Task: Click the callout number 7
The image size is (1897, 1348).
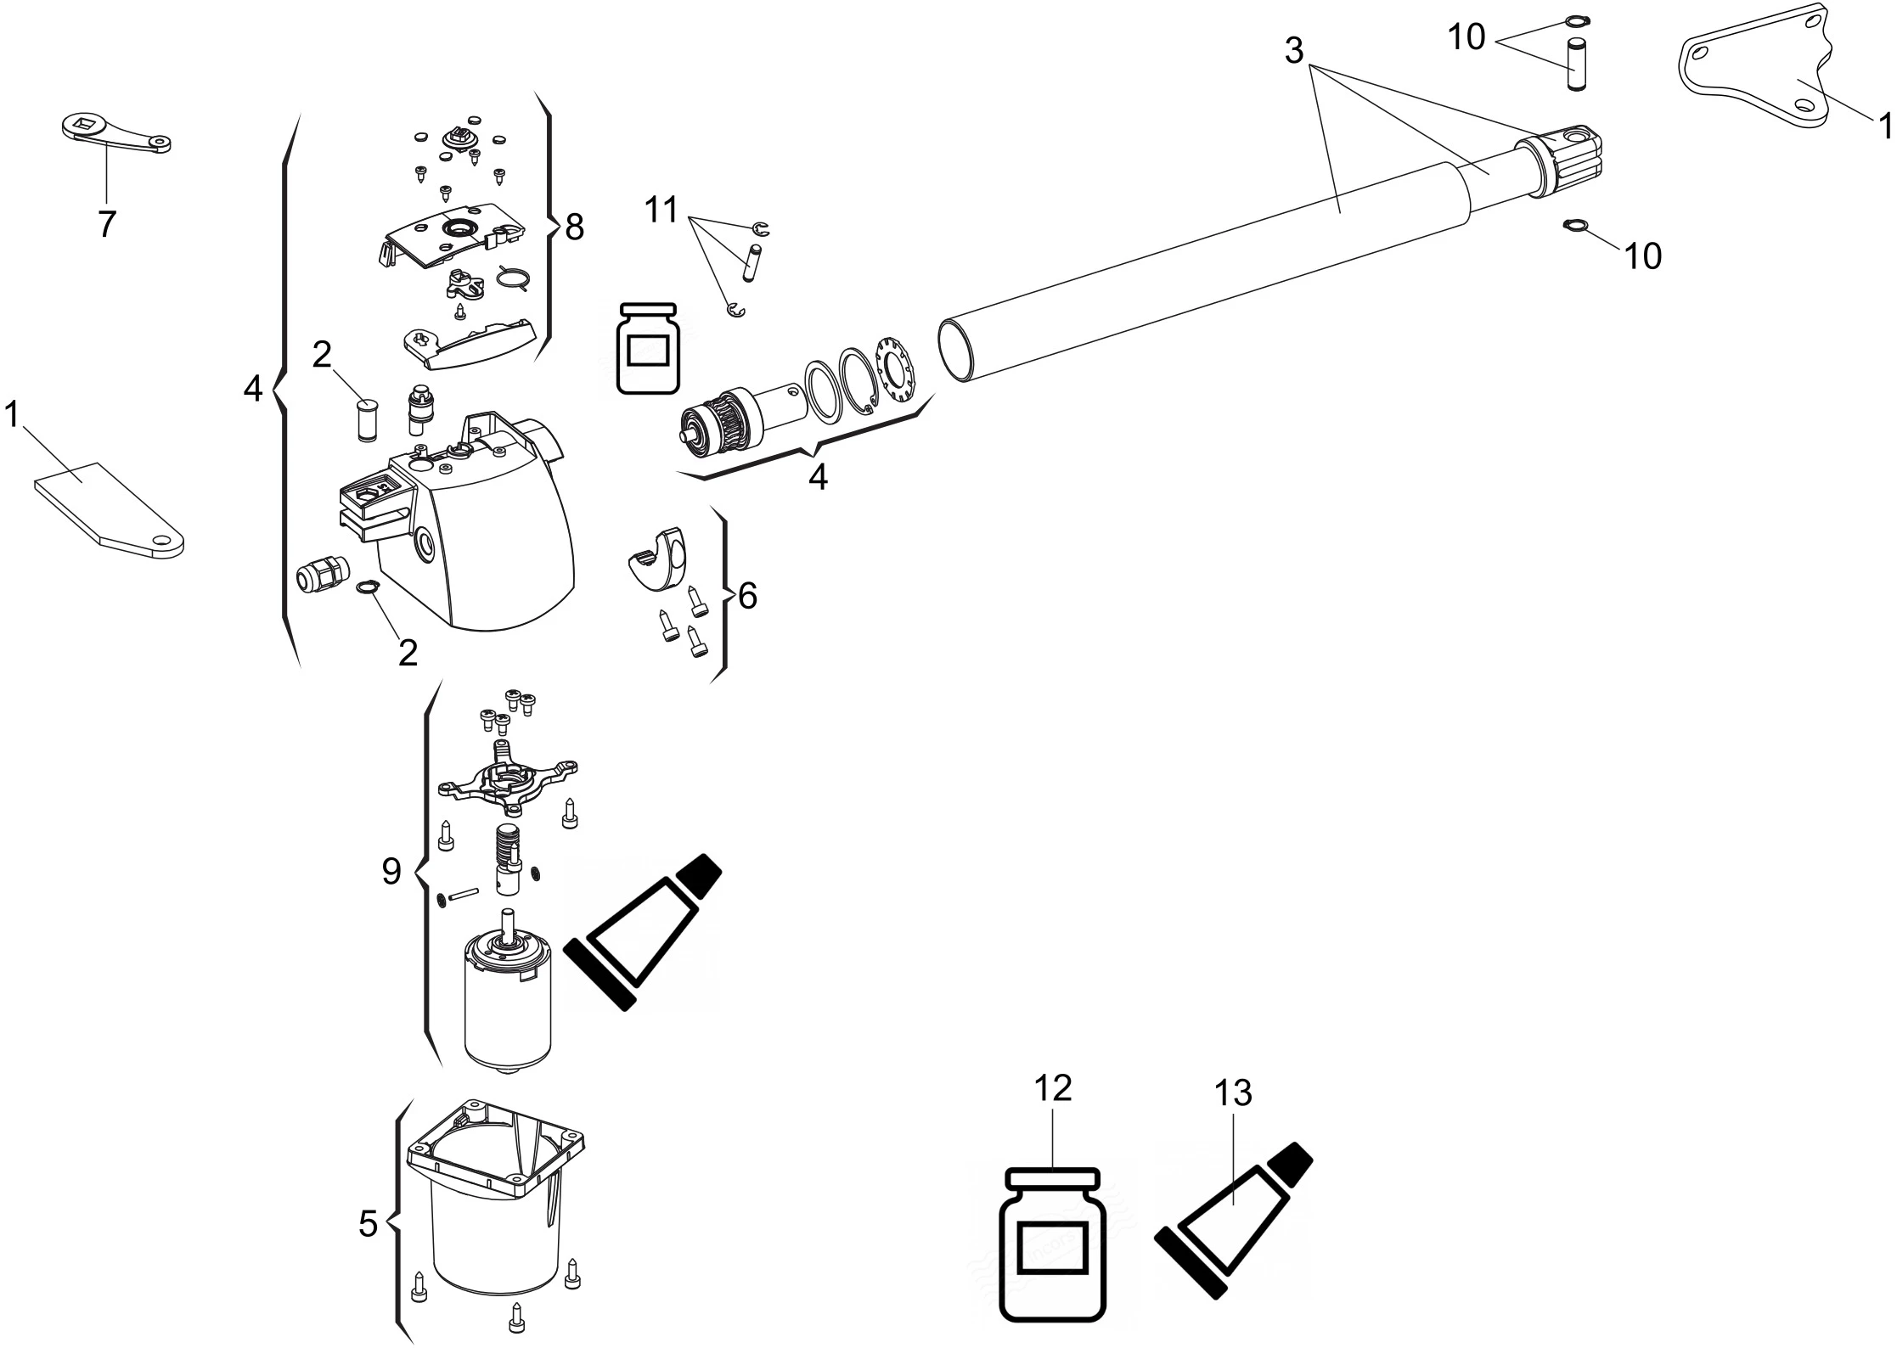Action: click(106, 224)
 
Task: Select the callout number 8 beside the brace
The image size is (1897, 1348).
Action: click(575, 227)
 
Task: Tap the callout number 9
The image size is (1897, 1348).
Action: click(391, 871)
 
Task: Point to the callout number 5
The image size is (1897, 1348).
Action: click(368, 1224)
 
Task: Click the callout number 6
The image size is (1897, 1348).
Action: click(747, 597)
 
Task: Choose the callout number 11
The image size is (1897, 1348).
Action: click(661, 209)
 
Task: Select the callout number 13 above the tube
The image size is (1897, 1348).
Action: click(1233, 1093)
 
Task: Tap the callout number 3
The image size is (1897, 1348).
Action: click(1293, 51)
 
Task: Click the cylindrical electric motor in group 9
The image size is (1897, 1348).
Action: click(507, 1002)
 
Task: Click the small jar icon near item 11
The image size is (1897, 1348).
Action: click(649, 348)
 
